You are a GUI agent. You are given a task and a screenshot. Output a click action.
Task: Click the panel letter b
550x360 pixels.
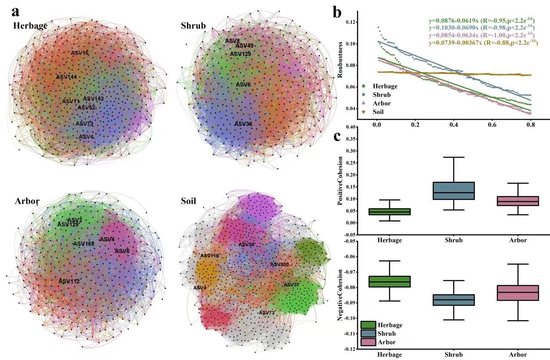(x=338, y=12)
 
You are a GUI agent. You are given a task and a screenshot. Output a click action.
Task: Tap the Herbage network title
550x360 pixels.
(x=30, y=25)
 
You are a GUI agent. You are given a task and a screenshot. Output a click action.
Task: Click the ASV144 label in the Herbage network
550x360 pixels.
(x=66, y=77)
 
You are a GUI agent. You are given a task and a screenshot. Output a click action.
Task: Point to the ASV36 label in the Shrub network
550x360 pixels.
(x=243, y=124)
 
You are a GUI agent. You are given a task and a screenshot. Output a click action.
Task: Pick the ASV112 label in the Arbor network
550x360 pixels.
(x=69, y=281)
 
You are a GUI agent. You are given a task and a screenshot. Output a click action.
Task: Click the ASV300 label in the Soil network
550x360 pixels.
(x=279, y=264)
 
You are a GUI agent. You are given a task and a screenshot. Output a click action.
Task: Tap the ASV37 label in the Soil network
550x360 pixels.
(x=291, y=285)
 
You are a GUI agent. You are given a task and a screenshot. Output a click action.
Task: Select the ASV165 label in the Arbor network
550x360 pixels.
(x=83, y=244)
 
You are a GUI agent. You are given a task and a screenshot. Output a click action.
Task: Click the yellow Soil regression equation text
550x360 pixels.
(x=483, y=43)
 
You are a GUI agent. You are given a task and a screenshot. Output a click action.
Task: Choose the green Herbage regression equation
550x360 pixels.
(x=483, y=20)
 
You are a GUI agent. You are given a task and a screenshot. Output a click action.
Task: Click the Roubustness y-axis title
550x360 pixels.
(x=340, y=65)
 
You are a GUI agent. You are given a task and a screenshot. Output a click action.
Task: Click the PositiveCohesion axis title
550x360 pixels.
(x=340, y=180)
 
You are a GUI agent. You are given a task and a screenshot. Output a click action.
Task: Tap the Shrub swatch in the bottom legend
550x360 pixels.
(x=368, y=333)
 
